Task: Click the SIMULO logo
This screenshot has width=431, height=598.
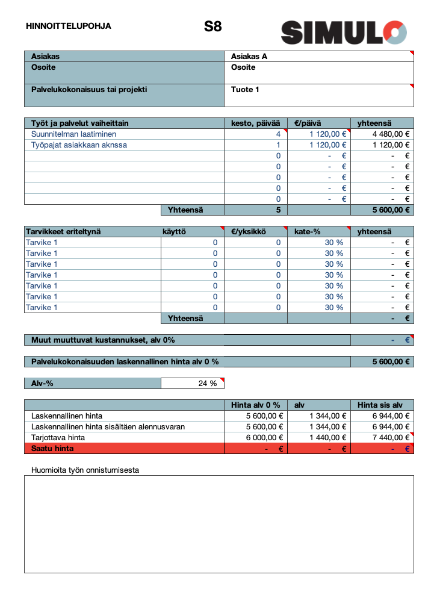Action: point(344,32)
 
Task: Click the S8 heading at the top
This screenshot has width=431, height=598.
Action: point(212,26)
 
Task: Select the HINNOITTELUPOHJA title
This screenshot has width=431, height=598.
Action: point(69,26)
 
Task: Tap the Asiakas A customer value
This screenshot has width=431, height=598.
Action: point(249,57)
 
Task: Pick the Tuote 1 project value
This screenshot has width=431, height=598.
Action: point(245,90)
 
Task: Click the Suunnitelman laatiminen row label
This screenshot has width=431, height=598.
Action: point(73,134)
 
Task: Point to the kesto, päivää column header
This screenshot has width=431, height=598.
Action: point(255,123)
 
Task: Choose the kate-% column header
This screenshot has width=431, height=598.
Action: point(308,232)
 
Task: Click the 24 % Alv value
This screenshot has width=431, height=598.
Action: point(207,384)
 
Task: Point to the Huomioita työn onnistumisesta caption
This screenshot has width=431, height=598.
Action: point(85,470)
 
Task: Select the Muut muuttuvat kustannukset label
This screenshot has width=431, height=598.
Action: point(103,340)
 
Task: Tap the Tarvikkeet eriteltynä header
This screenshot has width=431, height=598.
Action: point(63,232)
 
